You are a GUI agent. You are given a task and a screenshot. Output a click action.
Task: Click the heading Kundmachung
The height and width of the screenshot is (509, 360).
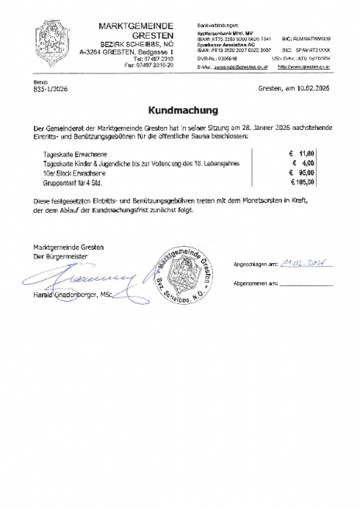coord(180,110)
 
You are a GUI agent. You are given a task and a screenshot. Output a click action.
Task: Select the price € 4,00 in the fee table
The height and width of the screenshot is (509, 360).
coord(304,163)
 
